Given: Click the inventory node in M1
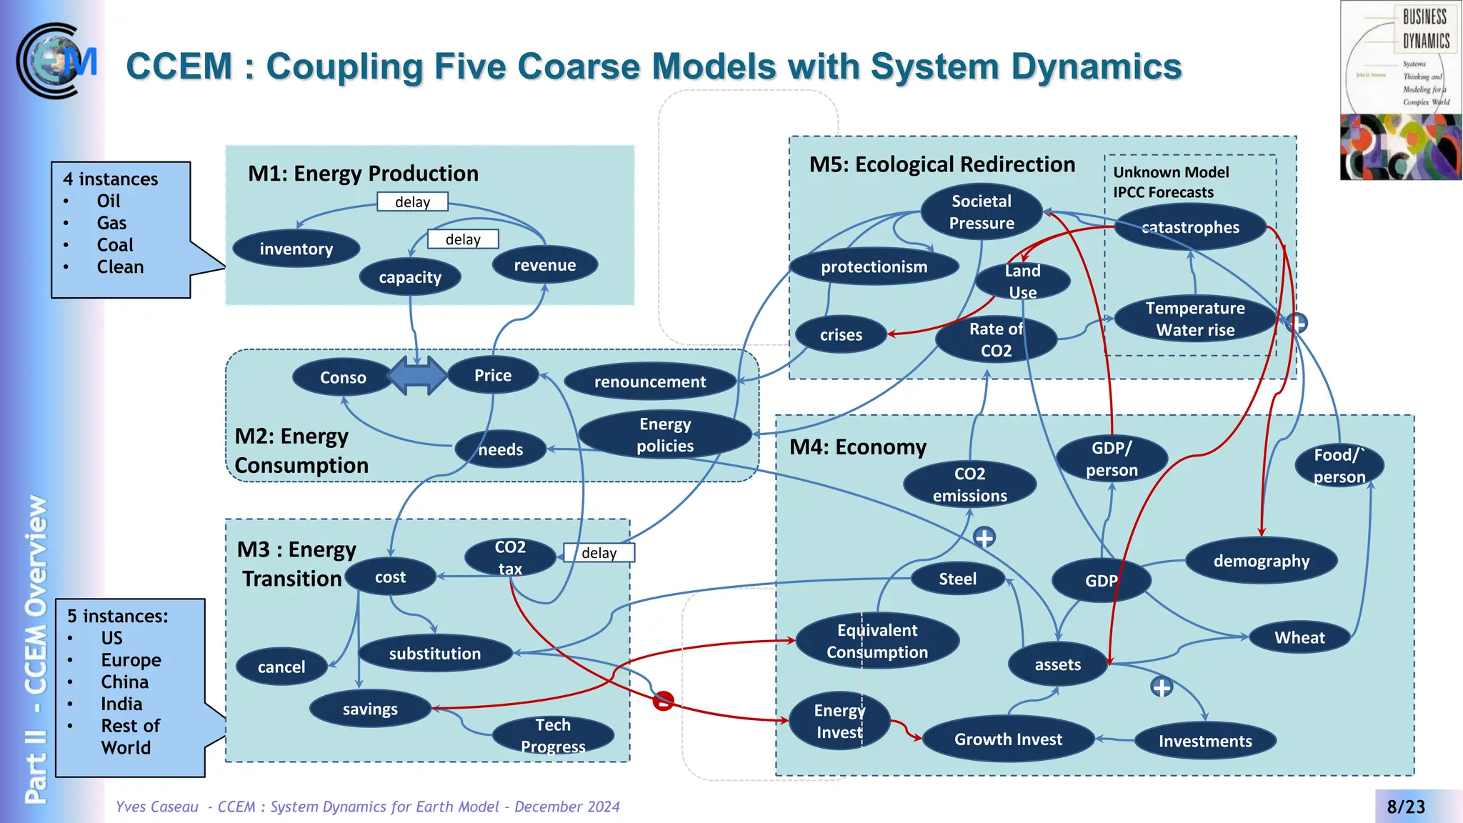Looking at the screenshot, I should pyautogui.click(x=296, y=249).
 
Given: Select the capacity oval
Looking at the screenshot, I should pyautogui.click(x=410, y=277).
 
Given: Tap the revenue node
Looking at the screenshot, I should pyautogui.click(x=544, y=265).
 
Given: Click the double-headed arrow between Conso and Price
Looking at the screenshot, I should pyautogui.click(x=417, y=376).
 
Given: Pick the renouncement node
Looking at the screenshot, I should pyautogui.click(x=649, y=381).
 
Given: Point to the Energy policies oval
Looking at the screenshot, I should pyautogui.click(x=665, y=434).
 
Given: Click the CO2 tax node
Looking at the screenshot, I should pyautogui.click(x=510, y=557).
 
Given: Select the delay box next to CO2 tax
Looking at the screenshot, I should pyautogui.click(x=599, y=553).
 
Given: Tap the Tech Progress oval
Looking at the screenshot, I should pyautogui.click(x=553, y=735).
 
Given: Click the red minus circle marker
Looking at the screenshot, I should pyautogui.click(x=663, y=701).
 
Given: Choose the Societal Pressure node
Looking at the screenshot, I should pyautogui.click(x=981, y=212).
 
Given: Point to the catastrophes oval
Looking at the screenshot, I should pyautogui.click(x=1190, y=227).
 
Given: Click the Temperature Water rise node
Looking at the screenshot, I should pyautogui.click(x=1195, y=319).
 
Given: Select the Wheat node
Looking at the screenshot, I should pyautogui.click(x=1299, y=637).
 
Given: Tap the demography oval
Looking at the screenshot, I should pyautogui.click(x=1261, y=561).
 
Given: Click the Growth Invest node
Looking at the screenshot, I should pyautogui.click(x=1008, y=739).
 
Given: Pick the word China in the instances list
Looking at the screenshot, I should pyautogui.click(x=124, y=682).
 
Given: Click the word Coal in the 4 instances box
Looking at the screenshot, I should pyautogui.click(x=115, y=245).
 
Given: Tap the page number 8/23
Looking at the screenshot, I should pyautogui.click(x=1405, y=807).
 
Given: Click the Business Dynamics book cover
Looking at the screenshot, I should pyautogui.click(x=1400, y=90).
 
